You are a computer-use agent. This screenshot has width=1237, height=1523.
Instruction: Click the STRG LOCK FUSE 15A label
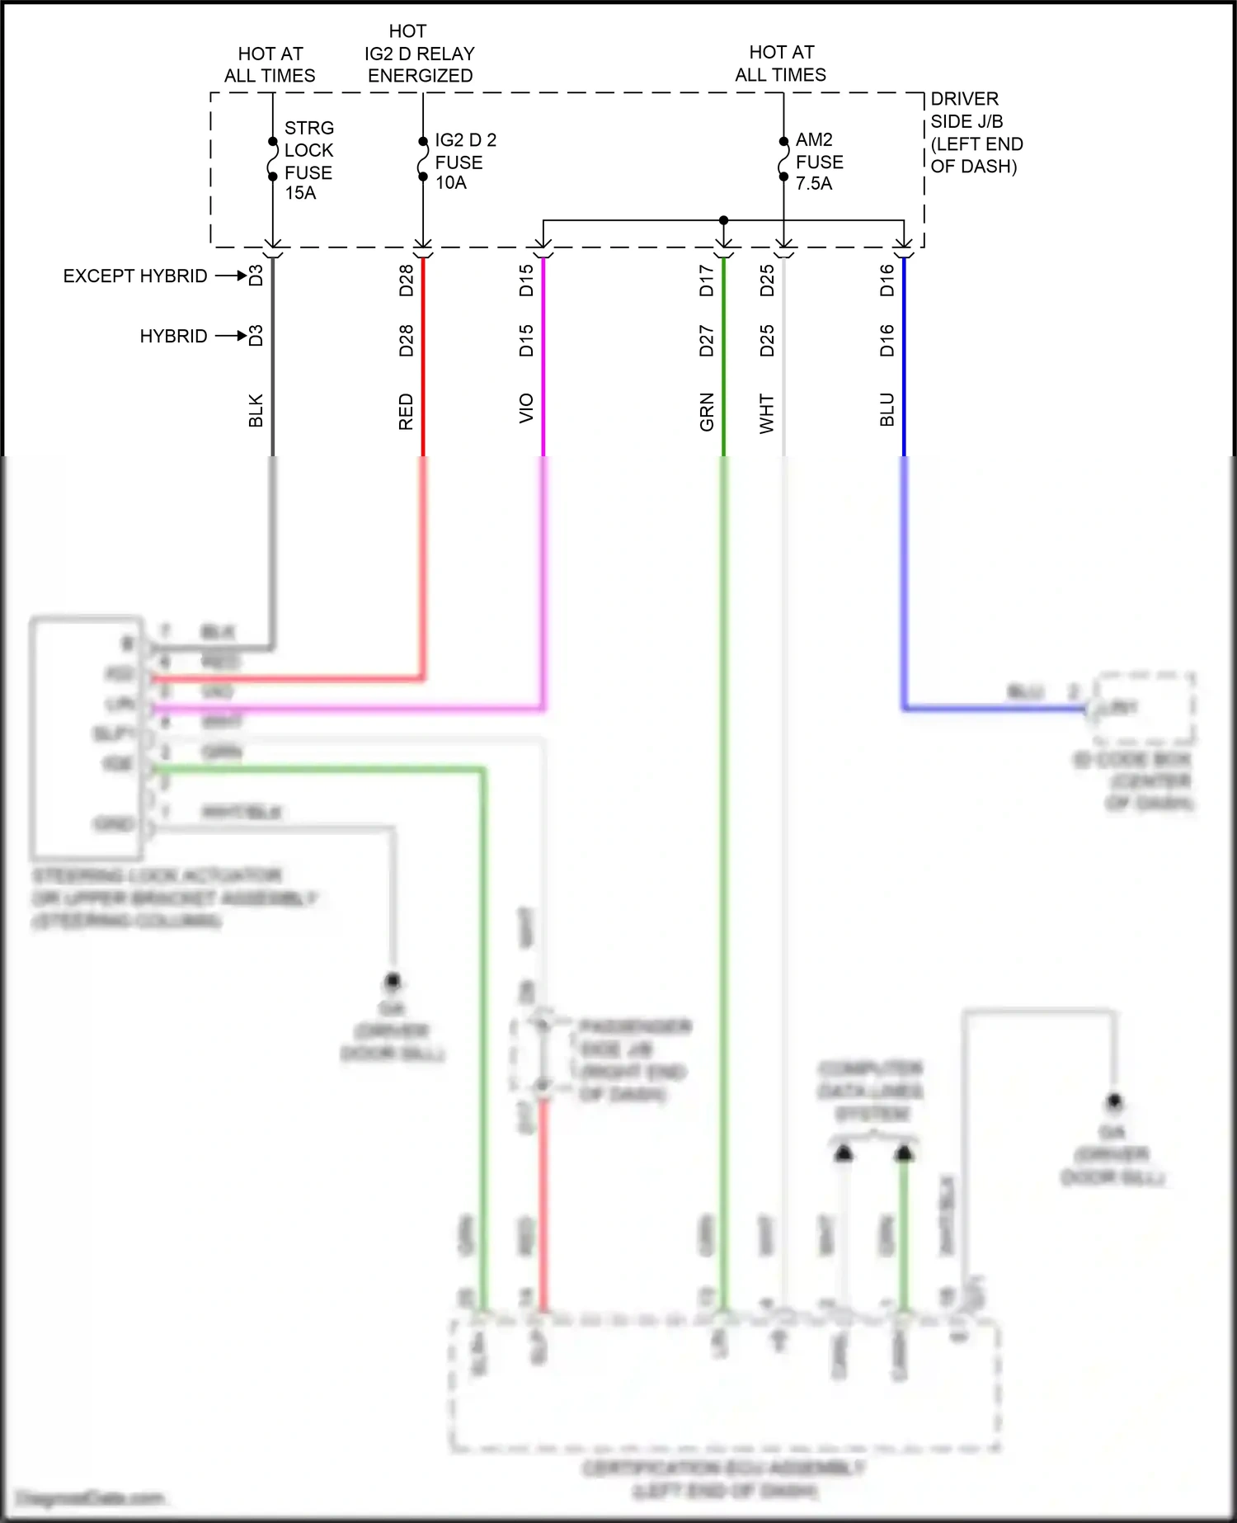[308, 161]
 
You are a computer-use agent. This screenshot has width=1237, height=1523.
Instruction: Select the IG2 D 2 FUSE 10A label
[464, 161]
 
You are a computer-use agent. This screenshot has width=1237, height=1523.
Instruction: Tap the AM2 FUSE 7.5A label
[818, 161]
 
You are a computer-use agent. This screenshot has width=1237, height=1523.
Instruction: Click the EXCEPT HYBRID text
[135, 276]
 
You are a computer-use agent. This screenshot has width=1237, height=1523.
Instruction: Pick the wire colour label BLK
[256, 410]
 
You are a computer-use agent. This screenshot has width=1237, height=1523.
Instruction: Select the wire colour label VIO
[526, 409]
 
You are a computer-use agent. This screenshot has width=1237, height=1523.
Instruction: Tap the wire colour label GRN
[707, 412]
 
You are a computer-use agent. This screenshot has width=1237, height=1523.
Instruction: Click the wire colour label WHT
[767, 413]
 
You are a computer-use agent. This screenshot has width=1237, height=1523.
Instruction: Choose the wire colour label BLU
[887, 409]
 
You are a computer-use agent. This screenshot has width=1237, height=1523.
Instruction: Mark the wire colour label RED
[406, 412]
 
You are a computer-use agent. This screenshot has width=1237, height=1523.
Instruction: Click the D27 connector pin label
[707, 341]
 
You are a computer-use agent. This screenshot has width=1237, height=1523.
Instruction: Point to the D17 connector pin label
[707, 281]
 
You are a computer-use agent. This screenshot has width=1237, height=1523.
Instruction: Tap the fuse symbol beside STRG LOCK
[273, 158]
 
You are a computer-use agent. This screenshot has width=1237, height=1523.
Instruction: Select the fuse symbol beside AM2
[783, 158]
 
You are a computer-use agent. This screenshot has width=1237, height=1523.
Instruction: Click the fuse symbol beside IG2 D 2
[423, 158]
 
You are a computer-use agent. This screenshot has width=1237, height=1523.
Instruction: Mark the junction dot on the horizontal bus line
[723, 220]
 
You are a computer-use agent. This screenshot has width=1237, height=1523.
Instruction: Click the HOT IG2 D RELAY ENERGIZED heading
[420, 54]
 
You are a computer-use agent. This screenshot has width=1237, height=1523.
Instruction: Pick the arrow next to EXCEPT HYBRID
[231, 276]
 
